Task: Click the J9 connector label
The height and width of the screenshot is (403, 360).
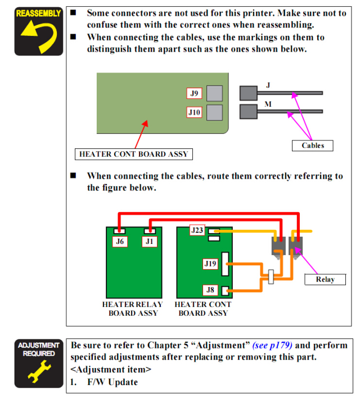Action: point(194,94)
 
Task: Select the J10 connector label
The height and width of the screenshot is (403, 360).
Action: point(194,112)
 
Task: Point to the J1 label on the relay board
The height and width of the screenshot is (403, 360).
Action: point(149,242)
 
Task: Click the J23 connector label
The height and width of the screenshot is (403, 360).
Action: point(197,230)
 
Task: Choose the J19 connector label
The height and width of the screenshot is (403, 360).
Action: point(210,263)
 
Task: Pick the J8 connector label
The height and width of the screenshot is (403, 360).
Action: point(210,290)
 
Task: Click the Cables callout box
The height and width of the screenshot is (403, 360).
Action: point(313,145)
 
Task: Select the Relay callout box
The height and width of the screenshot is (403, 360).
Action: point(325,279)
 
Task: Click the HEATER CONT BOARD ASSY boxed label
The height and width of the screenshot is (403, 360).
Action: point(133,153)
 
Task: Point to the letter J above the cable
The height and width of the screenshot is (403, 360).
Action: point(268,85)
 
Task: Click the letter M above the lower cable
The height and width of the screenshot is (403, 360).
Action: point(268,105)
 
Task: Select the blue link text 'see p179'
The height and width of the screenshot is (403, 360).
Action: point(272,345)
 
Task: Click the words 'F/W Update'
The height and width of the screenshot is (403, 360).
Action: point(112,382)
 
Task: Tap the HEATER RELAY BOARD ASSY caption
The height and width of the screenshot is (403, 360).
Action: point(133,309)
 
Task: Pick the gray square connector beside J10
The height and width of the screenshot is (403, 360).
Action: point(214,112)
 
